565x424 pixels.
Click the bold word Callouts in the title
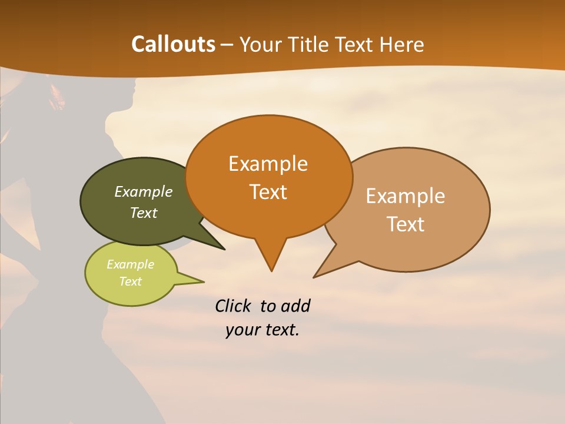[173, 44]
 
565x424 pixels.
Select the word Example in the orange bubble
[268, 164]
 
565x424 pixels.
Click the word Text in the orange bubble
[268, 192]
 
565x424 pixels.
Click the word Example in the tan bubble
[406, 196]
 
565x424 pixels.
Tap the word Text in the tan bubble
[406, 224]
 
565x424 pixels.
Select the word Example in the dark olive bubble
[143, 191]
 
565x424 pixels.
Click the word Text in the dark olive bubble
[143, 213]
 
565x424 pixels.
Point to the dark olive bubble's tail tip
[224, 249]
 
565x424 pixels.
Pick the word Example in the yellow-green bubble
[130, 264]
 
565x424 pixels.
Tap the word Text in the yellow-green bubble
[130, 281]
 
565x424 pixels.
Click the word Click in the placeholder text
[234, 306]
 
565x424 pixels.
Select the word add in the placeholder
[295, 306]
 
